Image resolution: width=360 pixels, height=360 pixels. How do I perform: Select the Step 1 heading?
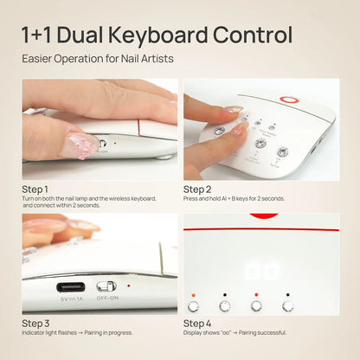[x=35, y=188]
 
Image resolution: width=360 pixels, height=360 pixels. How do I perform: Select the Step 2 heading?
[x=197, y=188]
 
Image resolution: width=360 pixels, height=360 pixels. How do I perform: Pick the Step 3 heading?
[x=35, y=323]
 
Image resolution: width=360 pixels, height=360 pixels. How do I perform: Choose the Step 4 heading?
[x=197, y=323]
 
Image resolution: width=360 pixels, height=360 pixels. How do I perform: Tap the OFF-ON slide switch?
[x=106, y=286]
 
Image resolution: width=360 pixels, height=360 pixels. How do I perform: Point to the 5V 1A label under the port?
[x=70, y=299]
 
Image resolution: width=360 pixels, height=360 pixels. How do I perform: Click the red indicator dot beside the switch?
[x=130, y=285]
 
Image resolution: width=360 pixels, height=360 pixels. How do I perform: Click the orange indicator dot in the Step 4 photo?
[x=193, y=294]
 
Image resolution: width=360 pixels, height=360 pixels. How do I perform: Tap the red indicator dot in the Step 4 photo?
[x=255, y=294]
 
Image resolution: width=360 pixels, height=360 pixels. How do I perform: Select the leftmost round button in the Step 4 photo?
[x=193, y=306]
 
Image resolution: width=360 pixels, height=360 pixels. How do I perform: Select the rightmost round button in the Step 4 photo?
[x=286, y=306]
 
